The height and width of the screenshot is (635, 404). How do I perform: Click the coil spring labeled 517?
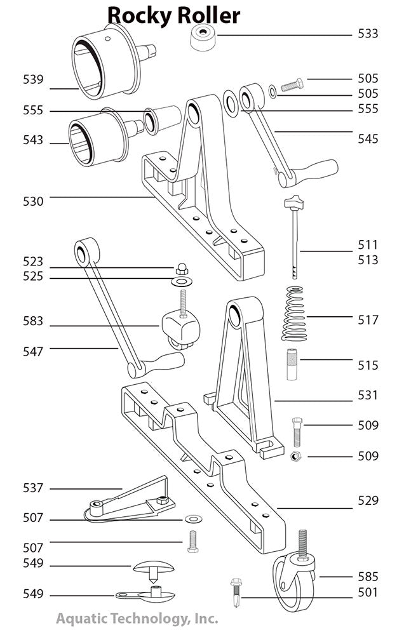click(294, 314)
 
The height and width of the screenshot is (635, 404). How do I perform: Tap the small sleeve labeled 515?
click(292, 365)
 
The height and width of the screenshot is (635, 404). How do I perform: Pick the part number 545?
click(367, 138)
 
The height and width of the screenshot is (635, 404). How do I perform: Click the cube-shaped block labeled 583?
click(180, 326)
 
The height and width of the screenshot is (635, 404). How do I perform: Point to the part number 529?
click(367, 500)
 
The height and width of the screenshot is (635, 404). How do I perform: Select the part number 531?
click(367, 395)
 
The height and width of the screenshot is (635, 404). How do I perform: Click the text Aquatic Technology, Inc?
click(137, 617)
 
